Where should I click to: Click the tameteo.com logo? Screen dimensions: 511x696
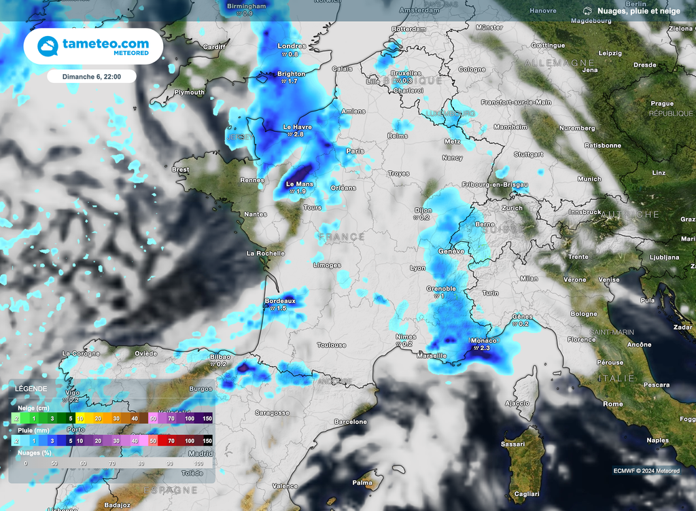point(94,46)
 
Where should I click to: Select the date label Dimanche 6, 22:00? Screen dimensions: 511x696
point(92,77)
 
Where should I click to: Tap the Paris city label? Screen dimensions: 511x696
point(355,151)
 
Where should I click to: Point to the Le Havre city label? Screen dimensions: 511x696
point(297,126)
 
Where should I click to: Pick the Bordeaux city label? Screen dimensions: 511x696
point(279,300)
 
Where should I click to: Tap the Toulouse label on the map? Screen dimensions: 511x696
point(332,345)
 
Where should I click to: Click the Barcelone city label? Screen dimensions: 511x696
point(351,422)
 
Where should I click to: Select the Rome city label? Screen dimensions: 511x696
point(612,404)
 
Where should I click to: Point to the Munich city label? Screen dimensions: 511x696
point(589,179)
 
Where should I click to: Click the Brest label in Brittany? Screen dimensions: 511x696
point(181,170)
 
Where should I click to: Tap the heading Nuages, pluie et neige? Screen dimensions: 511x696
point(638,11)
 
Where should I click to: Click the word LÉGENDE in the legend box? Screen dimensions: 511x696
point(31,389)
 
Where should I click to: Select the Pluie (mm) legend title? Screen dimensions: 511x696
point(32,430)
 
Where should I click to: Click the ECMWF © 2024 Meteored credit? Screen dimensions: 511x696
point(646,471)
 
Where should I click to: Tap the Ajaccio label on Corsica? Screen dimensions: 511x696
point(517,403)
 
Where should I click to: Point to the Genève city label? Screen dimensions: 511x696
point(451,251)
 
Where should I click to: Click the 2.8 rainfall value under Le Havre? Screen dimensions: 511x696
point(298,135)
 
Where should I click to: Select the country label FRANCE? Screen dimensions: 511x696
point(341,236)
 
